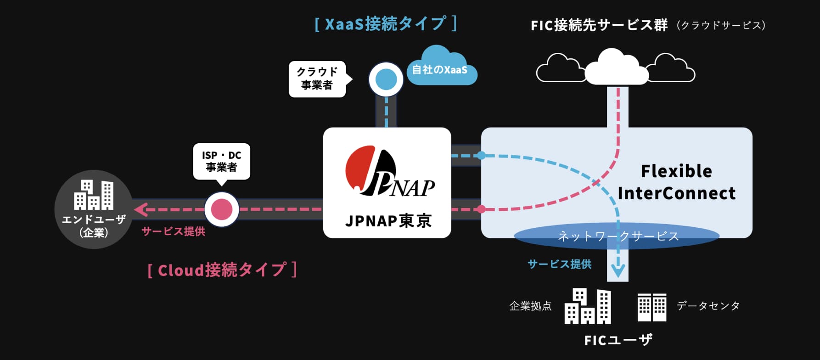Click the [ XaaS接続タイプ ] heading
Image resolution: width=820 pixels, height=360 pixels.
pos(386,24)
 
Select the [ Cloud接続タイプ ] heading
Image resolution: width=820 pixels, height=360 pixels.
pos(222,270)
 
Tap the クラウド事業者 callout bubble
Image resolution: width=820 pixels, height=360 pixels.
pos(317,79)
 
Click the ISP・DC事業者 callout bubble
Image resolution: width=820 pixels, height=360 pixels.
pos(221,161)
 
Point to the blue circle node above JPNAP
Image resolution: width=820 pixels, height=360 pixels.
pos(386,79)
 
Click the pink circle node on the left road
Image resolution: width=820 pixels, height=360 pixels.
pos(222,209)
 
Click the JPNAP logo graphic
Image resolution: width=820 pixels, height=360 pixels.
pos(388,172)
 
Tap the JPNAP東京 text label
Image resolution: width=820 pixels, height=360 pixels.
pos(388,221)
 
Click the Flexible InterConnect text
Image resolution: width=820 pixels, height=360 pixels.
pos(676,182)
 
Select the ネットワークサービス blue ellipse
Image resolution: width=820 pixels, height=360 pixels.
pos(616,236)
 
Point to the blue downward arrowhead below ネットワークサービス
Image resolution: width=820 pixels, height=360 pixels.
pos(618,271)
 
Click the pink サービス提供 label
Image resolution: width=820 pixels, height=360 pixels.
pos(173,231)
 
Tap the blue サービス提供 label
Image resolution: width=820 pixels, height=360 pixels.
pos(559,264)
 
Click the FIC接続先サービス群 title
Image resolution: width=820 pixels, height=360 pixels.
pos(599,25)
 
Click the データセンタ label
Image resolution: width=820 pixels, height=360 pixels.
pos(708,306)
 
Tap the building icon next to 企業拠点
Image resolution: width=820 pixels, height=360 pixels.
pos(588,306)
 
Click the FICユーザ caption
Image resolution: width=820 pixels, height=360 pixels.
pos(618,340)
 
